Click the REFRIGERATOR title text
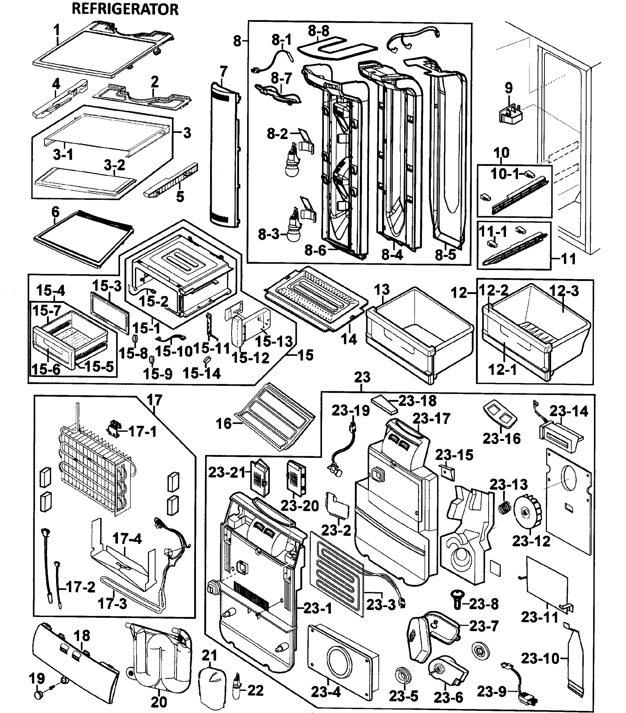click(125, 10)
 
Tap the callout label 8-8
click(318, 31)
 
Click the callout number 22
click(255, 690)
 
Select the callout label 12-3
click(564, 291)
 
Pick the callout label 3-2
click(114, 165)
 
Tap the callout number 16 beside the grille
click(224, 424)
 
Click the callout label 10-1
click(505, 173)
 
